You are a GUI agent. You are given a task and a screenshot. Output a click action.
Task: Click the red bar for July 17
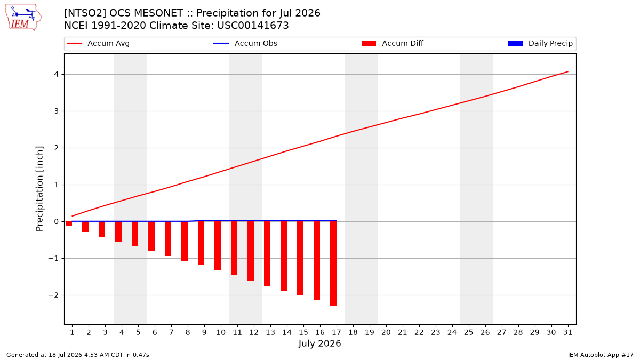[333, 263]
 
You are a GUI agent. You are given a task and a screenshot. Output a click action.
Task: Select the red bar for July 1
[69, 223]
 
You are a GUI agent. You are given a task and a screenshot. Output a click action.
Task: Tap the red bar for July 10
[218, 246]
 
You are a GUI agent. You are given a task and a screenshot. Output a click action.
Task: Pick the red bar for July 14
[284, 256]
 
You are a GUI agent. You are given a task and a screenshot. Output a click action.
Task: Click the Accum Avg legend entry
[98, 43]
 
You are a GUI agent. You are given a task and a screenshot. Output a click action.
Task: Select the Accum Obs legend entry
[245, 43]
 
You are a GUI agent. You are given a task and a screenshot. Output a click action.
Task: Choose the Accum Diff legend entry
[393, 43]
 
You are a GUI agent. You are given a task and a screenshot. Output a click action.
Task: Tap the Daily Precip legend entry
[540, 43]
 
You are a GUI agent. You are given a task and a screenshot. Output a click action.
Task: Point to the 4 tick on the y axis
[57, 74]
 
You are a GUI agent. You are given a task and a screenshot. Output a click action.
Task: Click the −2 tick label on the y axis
[53, 295]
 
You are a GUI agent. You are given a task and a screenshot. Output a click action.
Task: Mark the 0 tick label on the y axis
[57, 221]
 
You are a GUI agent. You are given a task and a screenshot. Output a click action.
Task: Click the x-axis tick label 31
[567, 332]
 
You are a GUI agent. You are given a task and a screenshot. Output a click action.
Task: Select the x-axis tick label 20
[386, 332]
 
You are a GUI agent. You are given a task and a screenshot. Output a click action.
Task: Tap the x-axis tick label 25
[469, 332]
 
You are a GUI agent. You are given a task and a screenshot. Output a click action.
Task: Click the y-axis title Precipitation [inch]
[39, 189]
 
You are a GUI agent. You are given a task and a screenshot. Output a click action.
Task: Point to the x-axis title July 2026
[319, 343]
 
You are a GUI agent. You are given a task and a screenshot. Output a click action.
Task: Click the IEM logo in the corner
[23, 18]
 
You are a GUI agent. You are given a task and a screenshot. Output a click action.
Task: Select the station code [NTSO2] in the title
[85, 13]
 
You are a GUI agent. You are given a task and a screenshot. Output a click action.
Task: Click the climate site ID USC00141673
[253, 26]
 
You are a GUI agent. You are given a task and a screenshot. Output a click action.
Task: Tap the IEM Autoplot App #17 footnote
[601, 355]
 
